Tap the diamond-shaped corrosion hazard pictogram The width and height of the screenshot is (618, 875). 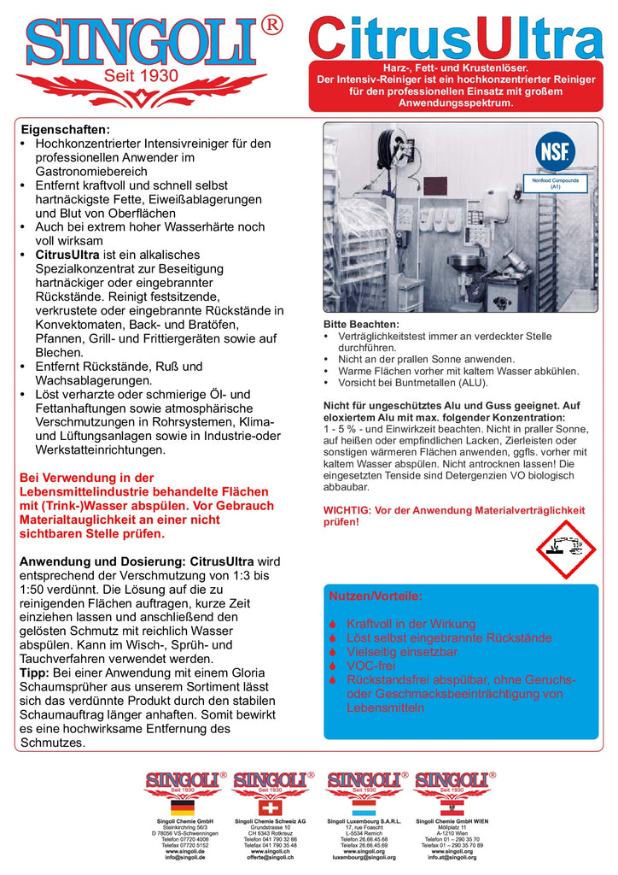(564, 549)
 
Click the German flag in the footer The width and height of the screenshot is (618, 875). (183, 807)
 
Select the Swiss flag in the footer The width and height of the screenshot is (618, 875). (270, 807)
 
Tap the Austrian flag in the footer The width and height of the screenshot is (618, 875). (450, 807)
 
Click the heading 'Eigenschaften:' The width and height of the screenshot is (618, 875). (65, 128)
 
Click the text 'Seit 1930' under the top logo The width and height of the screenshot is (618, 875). (141, 76)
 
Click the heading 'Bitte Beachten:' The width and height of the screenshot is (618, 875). (361, 325)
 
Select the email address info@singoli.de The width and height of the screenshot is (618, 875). (185, 858)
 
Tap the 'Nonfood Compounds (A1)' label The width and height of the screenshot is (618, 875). (555, 184)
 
